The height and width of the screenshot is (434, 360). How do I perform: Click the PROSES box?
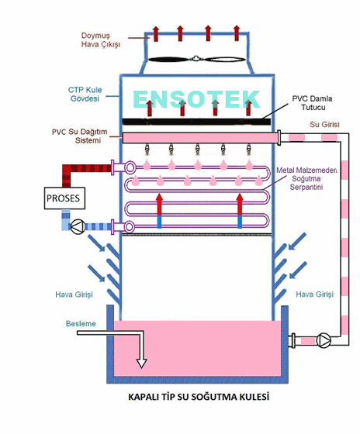coord(64,198)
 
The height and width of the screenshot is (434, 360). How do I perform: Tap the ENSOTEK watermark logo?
coord(196,99)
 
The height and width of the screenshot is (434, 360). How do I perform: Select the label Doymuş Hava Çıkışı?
coord(101,40)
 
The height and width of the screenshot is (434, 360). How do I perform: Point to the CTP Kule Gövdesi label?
coord(85,94)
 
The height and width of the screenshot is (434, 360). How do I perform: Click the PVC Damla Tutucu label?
coord(313,103)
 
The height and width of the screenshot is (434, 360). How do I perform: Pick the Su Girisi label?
coord(324,125)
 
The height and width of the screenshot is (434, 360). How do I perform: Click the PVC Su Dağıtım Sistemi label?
coord(80,136)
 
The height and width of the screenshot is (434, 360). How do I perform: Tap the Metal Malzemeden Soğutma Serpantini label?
coord(306,178)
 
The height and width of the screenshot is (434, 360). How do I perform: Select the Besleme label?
coord(81,324)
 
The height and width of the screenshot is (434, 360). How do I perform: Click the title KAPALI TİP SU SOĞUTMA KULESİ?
coord(199,397)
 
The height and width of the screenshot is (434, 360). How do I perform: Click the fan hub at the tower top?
coord(196,59)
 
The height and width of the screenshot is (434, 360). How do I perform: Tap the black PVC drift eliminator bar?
coord(196,122)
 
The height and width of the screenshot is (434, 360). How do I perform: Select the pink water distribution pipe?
coord(200,138)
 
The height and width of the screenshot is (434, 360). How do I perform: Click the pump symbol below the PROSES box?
coord(78,227)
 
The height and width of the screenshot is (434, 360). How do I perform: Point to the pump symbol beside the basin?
coord(324,341)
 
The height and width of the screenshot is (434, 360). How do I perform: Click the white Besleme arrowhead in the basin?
coord(141,363)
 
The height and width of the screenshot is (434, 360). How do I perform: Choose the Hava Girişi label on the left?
coord(74,294)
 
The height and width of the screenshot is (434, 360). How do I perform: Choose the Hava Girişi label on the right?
coord(314,294)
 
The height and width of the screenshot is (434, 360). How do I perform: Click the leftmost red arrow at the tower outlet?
coord(156,34)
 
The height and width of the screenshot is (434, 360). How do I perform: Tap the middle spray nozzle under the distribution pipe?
coord(197,149)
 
